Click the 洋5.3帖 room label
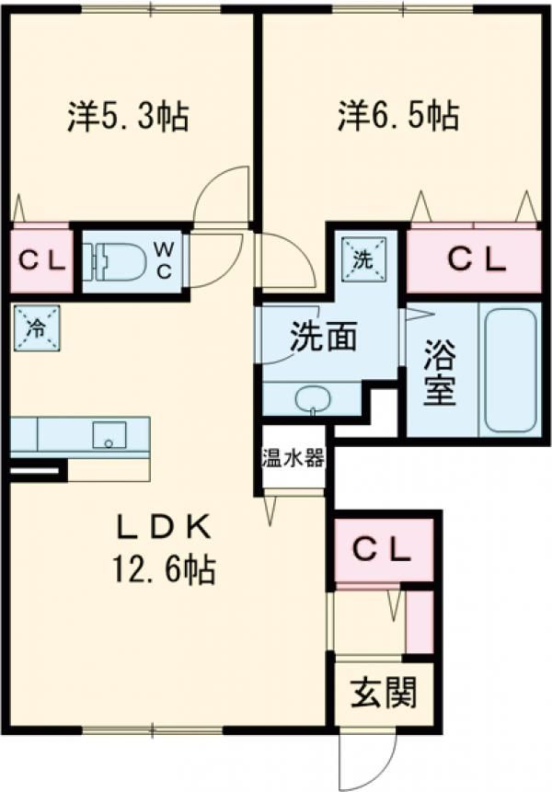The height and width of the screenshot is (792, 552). pyautogui.click(x=128, y=117)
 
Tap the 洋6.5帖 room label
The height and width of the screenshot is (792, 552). pyautogui.click(x=399, y=117)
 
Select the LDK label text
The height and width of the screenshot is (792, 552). pyautogui.click(x=165, y=528)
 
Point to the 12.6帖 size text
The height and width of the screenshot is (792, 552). pyautogui.click(x=165, y=568)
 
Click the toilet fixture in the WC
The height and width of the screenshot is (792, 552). pyautogui.click(x=115, y=260)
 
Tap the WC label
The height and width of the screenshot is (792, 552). pyautogui.click(x=163, y=259)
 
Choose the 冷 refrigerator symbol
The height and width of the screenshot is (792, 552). pyautogui.click(x=37, y=328)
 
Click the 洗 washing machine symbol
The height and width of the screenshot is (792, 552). pyautogui.click(x=363, y=259)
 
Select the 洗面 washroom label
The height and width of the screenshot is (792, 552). pyautogui.click(x=323, y=337)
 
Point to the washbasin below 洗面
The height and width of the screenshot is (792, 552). pyautogui.click(x=313, y=400)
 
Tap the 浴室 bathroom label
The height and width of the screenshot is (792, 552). pyautogui.click(x=440, y=373)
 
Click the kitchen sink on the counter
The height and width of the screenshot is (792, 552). pyautogui.click(x=109, y=435)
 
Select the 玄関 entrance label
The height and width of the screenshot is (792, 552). pyautogui.click(x=384, y=693)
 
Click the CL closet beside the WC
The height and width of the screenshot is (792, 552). pyautogui.click(x=41, y=261)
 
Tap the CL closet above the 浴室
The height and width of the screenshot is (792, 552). pyautogui.click(x=476, y=260)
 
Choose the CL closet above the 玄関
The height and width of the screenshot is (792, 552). pyautogui.click(x=383, y=550)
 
